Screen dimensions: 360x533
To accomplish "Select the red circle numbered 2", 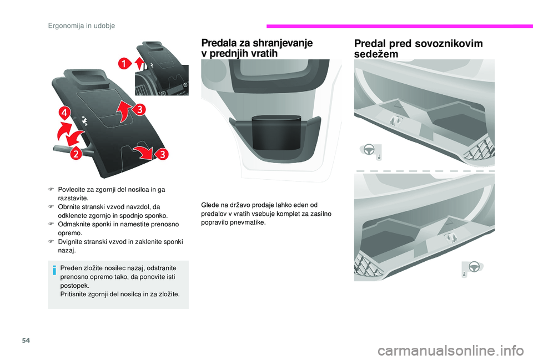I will point(75,154).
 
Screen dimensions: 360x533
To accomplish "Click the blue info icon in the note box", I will point(54,270).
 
